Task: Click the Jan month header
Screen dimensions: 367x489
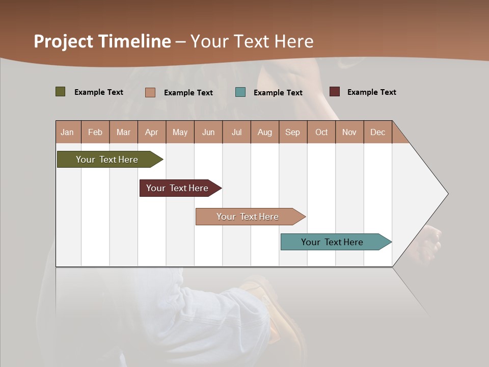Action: tap(68, 133)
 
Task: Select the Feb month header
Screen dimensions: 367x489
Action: tap(95, 133)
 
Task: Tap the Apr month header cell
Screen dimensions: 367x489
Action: tap(152, 133)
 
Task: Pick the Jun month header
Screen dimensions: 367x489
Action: tap(208, 133)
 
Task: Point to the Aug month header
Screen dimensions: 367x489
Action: tap(265, 133)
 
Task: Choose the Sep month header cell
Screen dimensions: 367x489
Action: tap(293, 133)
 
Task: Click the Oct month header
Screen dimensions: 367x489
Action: tap(321, 133)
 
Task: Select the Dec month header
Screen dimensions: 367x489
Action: tap(378, 133)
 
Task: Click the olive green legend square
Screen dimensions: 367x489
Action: tap(61, 92)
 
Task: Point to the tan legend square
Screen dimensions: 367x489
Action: tap(150, 92)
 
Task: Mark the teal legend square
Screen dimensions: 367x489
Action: tap(240, 92)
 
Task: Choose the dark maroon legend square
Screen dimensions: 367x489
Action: tap(335, 92)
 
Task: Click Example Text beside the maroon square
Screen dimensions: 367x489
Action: tap(371, 92)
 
